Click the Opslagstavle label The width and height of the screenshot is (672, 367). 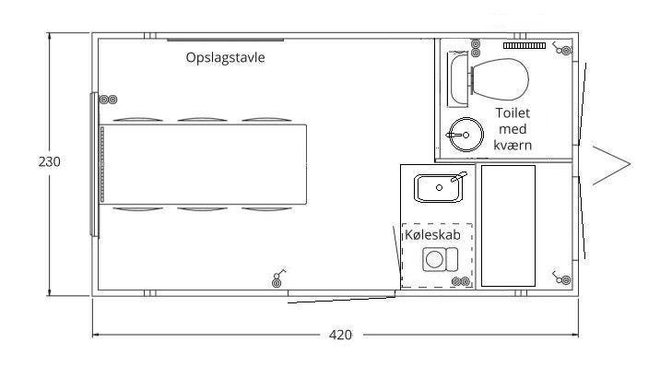click(x=226, y=57)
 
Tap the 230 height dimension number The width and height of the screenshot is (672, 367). click(x=49, y=161)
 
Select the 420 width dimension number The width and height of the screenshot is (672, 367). click(x=340, y=335)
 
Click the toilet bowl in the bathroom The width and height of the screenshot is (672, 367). click(x=500, y=79)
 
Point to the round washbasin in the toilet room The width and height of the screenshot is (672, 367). click(x=466, y=135)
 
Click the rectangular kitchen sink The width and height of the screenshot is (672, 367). click(x=439, y=188)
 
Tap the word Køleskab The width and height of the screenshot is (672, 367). click(x=433, y=235)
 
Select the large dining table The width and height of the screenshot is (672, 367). click(x=204, y=164)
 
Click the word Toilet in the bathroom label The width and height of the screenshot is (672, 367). click(x=513, y=112)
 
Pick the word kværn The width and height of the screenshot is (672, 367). click(x=513, y=145)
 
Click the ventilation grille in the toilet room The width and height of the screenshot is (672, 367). click(x=525, y=45)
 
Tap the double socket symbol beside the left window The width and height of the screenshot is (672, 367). click(x=109, y=100)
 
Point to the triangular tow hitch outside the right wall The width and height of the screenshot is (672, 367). click(x=611, y=165)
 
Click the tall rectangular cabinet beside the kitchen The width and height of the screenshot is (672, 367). click(x=508, y=226)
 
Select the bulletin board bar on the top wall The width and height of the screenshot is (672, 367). click(x=226, y=40)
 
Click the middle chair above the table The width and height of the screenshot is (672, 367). click(x=202, y=119)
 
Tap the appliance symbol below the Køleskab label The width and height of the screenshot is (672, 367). click(x=440, y=259)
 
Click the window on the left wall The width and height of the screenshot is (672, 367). click(x=94, y=164)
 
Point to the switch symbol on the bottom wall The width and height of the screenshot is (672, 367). click(x=278, y=278)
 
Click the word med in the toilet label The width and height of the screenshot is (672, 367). click(x=513, y=129)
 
